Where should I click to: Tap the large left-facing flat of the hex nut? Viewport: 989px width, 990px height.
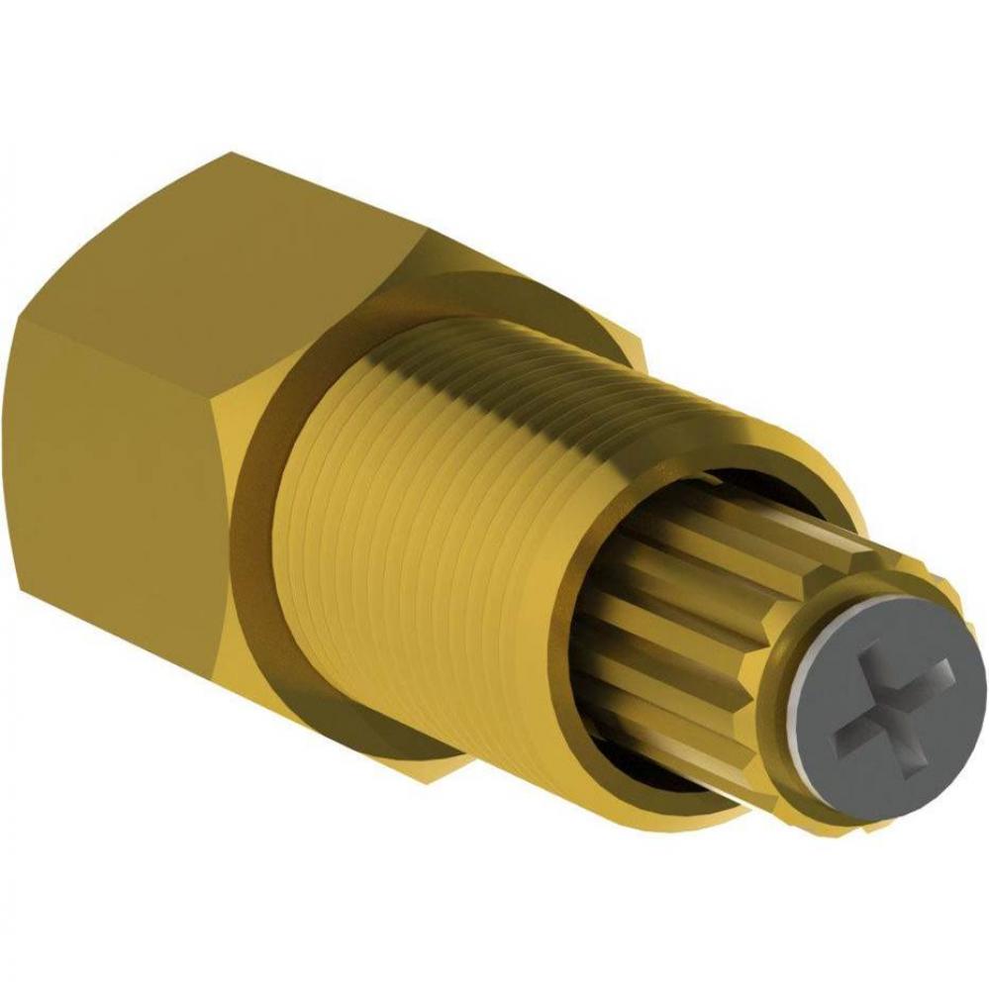click(x=119, y=495)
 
